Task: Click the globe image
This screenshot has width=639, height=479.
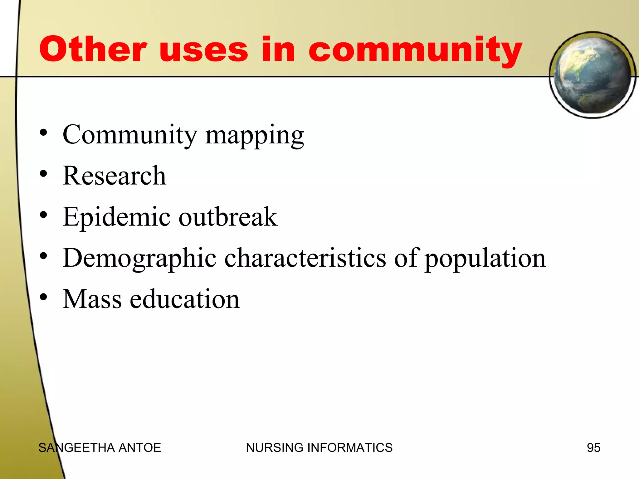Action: [592, 75]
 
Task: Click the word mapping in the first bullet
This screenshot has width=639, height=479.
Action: [254, 136]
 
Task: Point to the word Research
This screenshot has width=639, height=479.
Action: [114, 176]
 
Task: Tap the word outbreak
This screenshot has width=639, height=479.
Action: [228, 217]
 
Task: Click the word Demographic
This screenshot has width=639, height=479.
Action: [139, 259]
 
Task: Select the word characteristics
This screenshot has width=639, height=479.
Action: [305, 258]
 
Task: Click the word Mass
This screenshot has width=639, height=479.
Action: [92, 299]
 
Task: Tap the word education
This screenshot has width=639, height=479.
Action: [185, 299]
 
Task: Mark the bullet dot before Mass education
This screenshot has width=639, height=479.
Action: [43, 297]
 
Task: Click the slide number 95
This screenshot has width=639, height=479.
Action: [593, 448]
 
